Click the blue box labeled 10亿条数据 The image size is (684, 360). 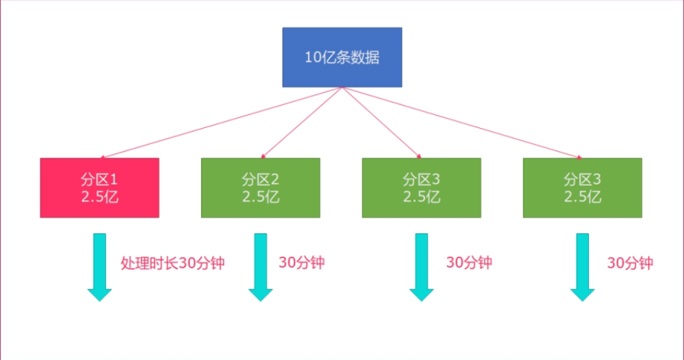[x=342, y=57]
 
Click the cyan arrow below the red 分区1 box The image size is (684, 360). [x=100, y=267]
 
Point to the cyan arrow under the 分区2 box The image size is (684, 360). [x=260, y=267]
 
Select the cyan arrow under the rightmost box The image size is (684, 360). [x=582, y=267]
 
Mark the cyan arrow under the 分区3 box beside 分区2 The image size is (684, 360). [x=422, y=267]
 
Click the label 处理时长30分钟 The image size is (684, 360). [x=172, y=263]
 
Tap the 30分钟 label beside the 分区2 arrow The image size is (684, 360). [x=301, y=263]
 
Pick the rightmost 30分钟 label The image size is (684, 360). [x=630, y=263]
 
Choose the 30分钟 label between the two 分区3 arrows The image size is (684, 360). [x=468, y=263]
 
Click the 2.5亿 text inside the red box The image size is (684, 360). [x=99, y=196]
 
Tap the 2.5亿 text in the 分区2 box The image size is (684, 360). [x=260, y=196]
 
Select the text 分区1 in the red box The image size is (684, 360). [x=99, y=180]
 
